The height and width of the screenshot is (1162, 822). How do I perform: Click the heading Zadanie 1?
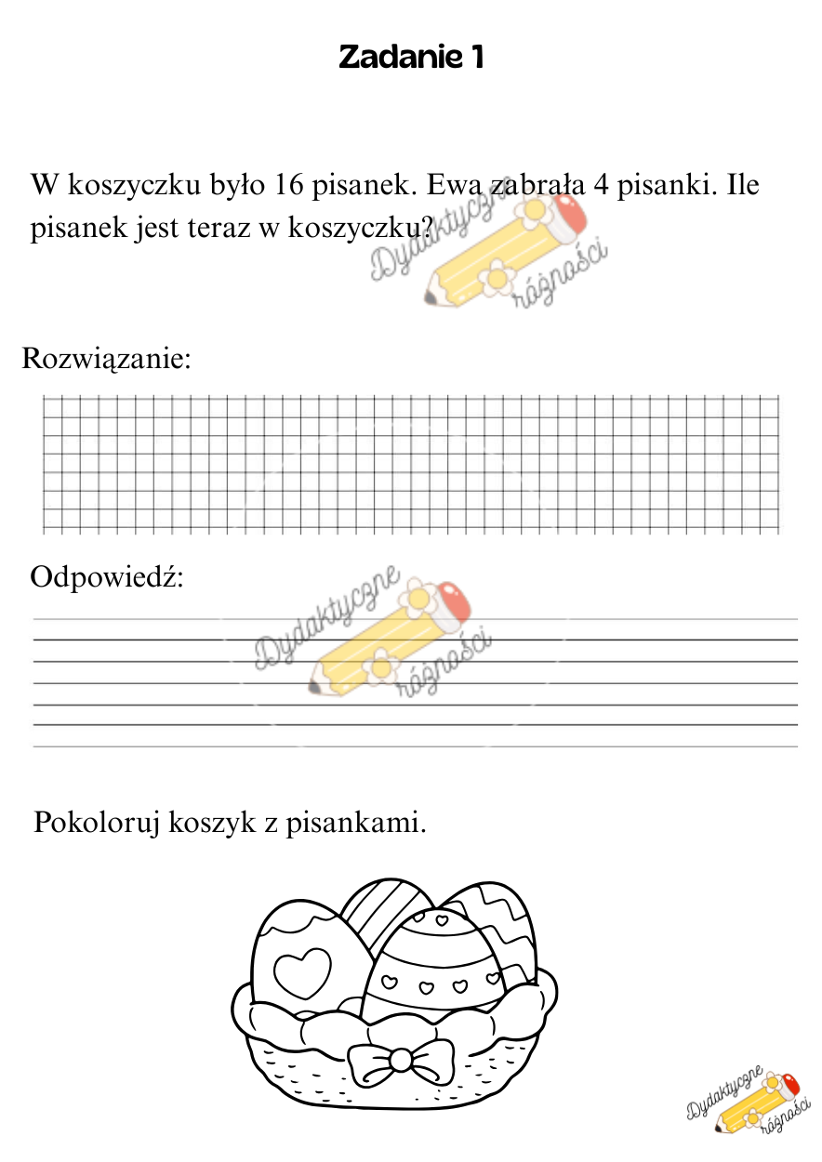(410, 58)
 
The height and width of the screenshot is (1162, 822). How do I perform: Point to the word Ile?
(741, 185)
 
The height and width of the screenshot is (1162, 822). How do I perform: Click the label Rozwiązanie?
(106, 359)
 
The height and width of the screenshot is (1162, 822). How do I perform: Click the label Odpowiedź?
(108, 577)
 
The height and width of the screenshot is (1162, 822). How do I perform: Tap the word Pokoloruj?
(97, 824)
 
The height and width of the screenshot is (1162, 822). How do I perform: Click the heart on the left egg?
(302, 970)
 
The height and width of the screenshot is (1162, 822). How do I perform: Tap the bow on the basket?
(400, 1061)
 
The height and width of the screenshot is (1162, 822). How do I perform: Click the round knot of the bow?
(400, 1060)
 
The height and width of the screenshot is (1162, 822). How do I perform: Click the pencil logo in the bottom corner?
(744, 1103)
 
